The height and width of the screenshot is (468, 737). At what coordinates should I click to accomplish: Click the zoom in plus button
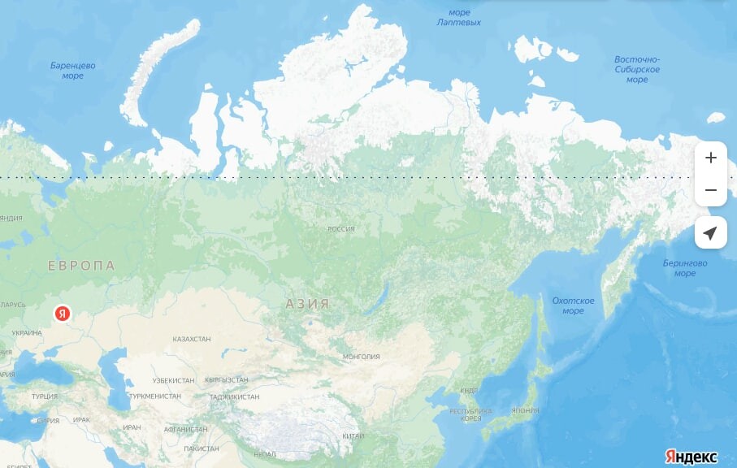(711, 158)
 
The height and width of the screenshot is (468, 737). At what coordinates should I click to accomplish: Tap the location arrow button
(711, 233)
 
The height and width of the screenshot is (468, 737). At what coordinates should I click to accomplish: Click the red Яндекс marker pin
(62, 313)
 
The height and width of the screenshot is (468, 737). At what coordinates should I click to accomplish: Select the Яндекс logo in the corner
(691, 456)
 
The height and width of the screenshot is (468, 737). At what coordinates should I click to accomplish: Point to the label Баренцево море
(73, 70)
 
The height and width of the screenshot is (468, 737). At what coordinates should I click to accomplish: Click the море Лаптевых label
(459, 17)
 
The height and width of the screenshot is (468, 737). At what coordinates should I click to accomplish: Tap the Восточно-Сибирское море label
(637, 69)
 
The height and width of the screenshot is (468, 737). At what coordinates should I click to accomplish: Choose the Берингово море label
(684, 268)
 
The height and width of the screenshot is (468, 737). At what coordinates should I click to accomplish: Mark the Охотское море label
(573, 305)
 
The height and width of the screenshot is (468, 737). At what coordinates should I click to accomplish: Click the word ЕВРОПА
(81, 266)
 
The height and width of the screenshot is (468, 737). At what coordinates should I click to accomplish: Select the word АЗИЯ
(307, 304)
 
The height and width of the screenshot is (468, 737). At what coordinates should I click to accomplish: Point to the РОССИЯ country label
(341, 229)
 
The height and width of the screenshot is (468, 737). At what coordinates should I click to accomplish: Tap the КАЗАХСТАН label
(192, 339)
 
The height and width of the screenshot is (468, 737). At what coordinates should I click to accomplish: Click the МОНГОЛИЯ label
(362, 357)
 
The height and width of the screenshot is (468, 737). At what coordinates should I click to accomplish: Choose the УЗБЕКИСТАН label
(173, 380)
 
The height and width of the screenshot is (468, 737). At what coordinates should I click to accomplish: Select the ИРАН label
(132, 427)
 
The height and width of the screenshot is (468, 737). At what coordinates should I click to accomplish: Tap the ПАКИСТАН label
(201, 448)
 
